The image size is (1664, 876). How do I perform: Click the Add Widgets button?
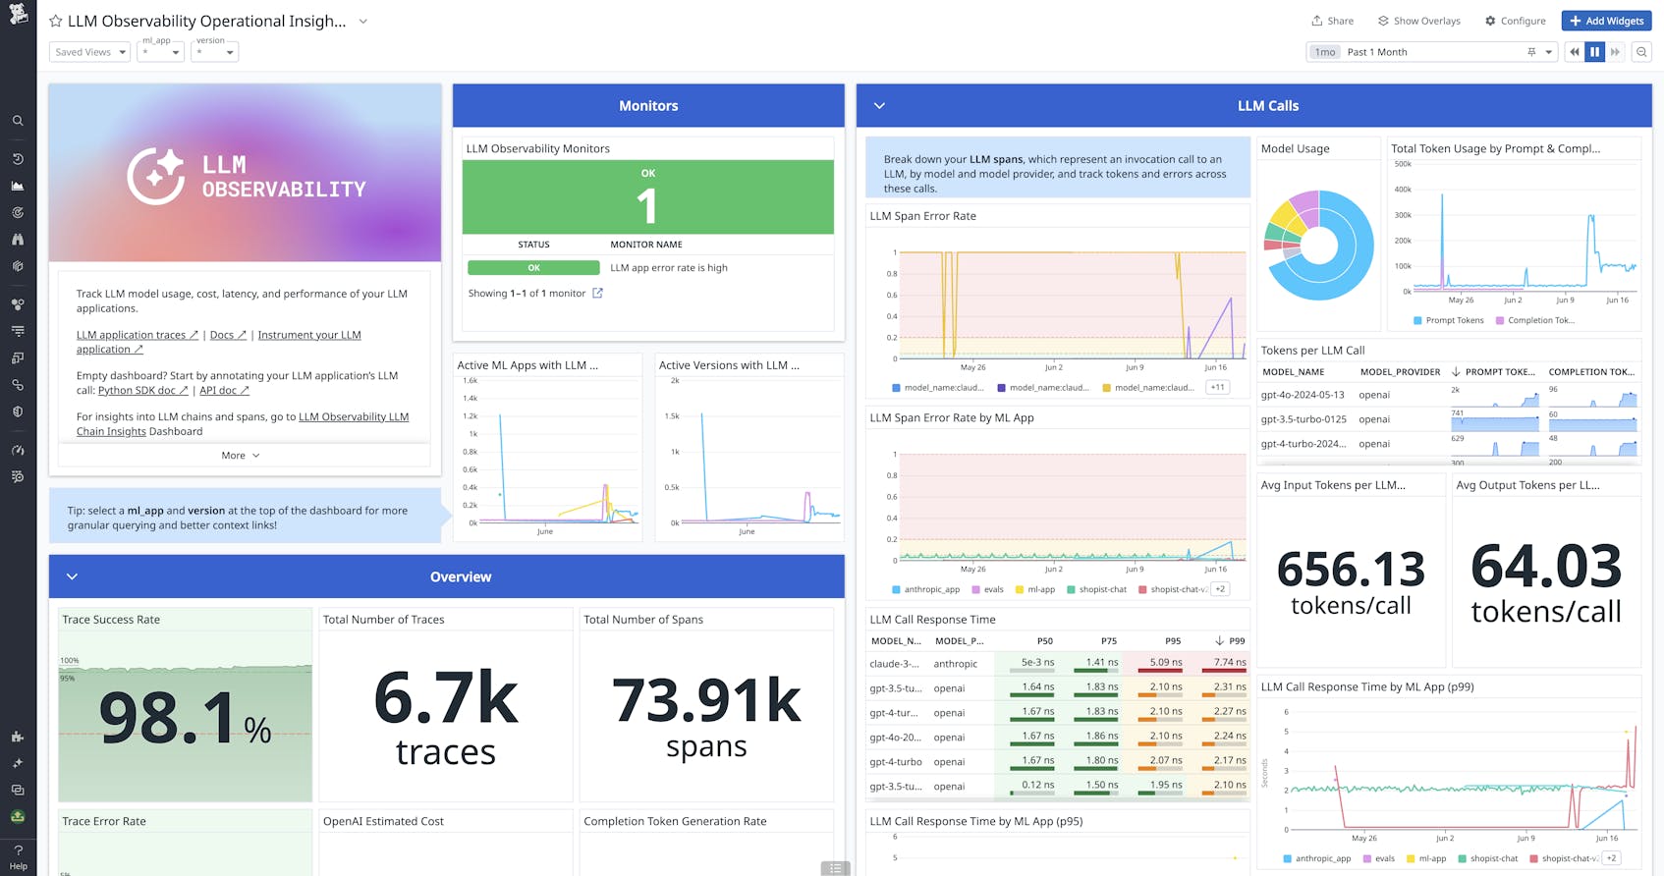coord(1606,21)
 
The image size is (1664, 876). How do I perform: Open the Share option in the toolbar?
coord(1332,21)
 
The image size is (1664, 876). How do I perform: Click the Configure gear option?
coord(1515,21)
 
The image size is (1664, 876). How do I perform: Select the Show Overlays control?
coord(1418,21)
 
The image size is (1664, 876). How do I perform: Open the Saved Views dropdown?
coord(89,52)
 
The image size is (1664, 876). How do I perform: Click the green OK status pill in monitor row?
coord(533,268)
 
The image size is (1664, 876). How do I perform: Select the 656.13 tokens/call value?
coord(1351,570)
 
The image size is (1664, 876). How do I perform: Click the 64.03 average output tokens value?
coord(1546,568)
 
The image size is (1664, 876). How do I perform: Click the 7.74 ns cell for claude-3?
coord(1229,663)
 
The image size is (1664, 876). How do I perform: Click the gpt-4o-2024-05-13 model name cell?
coord(1303,395)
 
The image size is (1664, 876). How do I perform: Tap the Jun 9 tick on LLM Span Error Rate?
coord(1135,367)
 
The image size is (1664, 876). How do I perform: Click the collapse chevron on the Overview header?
coord(72,576)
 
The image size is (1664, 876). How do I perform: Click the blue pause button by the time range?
coord(1594,52)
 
